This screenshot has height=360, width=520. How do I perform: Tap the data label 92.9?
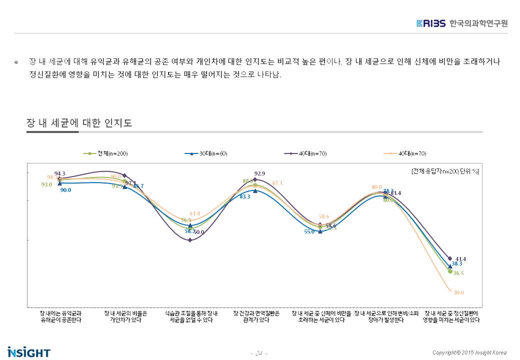(x=259, y=173)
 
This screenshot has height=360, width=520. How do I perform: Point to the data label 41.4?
(x=460, y=259)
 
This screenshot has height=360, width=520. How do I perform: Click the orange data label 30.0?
(x=459, y=292)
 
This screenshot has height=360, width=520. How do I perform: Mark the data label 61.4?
(x=194, y=213)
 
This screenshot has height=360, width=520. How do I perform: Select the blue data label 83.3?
(x=245, y=196)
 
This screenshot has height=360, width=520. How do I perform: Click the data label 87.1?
(x=277, y=183)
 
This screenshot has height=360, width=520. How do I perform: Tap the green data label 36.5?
(x=458, y=273)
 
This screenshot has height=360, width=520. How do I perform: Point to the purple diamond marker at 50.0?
(x=190, y=240)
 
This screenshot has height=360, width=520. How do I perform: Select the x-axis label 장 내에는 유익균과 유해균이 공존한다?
(x=60, y=316)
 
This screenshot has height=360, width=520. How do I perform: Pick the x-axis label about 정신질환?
(x=451, y=316)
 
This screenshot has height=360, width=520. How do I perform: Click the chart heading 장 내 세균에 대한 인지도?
(x=79, y=123)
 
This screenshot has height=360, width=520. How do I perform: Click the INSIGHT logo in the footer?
(x=29, y=352)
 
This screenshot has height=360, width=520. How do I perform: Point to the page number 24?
(x=259, y=353)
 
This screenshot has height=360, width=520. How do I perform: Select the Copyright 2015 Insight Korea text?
(x=469, y=352)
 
